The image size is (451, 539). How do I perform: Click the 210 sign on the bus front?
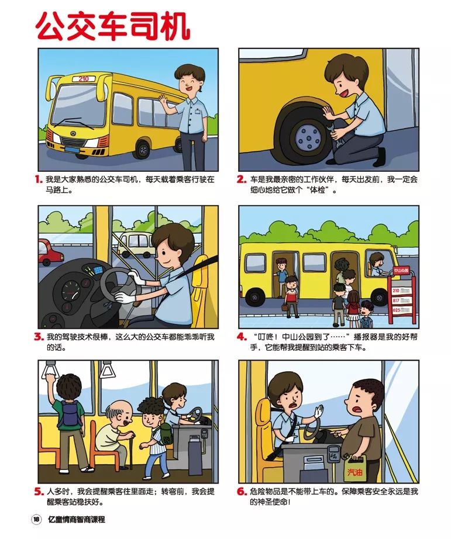[x=84, y=79]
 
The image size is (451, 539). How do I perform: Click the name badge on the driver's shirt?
[x=197, y=111]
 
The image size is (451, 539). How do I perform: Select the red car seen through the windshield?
[x=50, y=253]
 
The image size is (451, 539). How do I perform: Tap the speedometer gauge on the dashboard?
[x=71, y=291]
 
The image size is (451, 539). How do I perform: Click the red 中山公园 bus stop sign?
[x=401, y=271]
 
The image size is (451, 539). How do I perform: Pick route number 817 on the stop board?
[x=396, y=300]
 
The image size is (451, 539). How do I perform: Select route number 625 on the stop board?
[x=396, y=310]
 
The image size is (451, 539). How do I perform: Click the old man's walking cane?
[x=131, y=451]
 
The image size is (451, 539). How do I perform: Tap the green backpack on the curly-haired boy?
[x=166, y=434]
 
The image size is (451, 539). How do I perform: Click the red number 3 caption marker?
[x=39, y=337]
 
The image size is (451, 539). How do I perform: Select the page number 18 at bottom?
[x=36, y=519]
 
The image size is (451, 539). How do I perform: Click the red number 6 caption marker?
[x=242, y=492]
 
